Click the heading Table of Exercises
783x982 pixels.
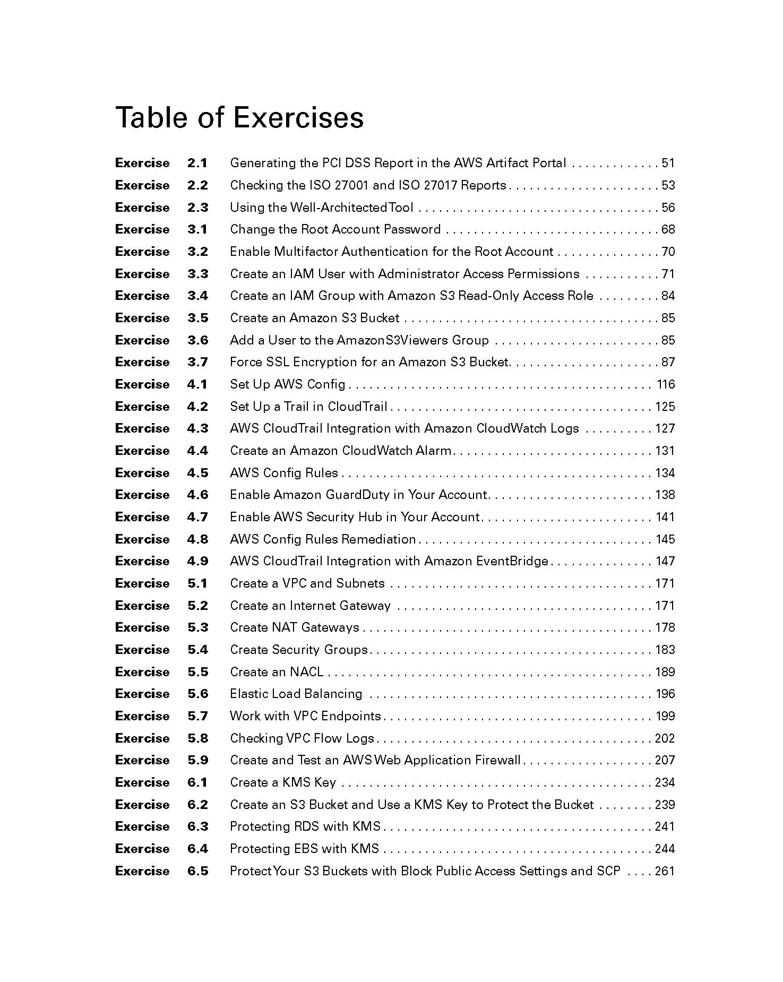(239, 117)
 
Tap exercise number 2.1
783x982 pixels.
(197, 163)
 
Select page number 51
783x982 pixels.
(668, 163)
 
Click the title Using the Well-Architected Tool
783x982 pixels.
(321, 208)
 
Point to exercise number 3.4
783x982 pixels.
(197, 296)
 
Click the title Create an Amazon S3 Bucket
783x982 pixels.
(314, 318)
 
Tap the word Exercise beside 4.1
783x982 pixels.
(142, 384)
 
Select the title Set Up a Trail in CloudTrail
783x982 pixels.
(308, 407)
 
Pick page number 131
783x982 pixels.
(665, 451)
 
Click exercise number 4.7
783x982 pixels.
(197, 517)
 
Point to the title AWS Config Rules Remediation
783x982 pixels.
(323, 539)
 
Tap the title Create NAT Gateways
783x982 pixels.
(294, 627)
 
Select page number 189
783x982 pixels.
(665, 672)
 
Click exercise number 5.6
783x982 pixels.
(197, 694)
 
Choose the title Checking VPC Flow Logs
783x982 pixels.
(302, 738)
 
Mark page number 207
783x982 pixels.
(665, 760)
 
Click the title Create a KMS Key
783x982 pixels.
(283, 782)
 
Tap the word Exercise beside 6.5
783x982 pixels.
(142, 871)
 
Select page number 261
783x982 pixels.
(665, 871)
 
